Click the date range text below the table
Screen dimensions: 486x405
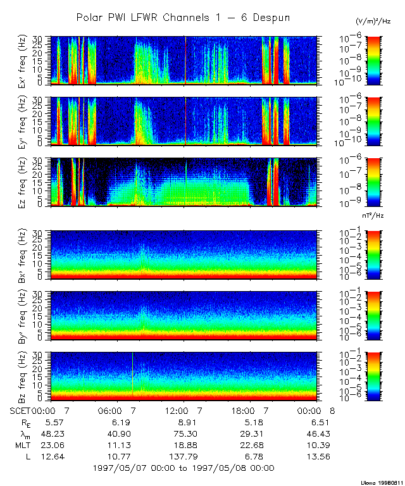[x=183, y=468]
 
